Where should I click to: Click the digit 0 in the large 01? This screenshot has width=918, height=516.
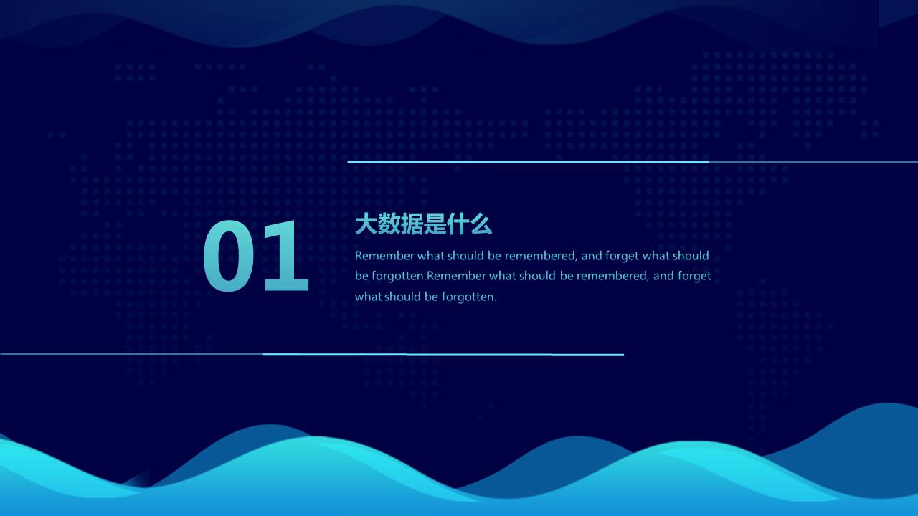pos(229,258)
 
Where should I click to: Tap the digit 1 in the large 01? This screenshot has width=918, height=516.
pos(287,258)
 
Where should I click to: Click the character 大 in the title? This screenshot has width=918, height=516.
pos(366,225)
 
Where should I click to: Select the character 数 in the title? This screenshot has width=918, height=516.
pos(389,225)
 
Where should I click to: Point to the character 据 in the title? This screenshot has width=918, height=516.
pos(412,225)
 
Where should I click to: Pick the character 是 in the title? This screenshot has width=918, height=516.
pos(435,225)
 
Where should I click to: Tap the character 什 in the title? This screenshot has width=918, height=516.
pos(458,225)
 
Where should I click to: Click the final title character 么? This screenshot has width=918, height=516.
pos(481,225)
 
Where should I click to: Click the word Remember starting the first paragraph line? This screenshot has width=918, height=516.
pos(384,256)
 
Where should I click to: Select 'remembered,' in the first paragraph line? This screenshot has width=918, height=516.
pos(541,256)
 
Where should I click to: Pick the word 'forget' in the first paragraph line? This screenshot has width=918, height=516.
pos(622,256)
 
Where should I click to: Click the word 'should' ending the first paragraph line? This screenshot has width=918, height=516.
pos(691,256)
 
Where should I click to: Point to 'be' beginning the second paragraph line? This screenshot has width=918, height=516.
pos(361,276)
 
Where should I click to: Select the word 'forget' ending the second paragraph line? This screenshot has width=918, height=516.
pos(694,276)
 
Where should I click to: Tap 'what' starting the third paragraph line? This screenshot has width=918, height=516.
pos(368,297)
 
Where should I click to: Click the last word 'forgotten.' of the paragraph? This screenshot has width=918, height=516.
pos(469,297)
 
